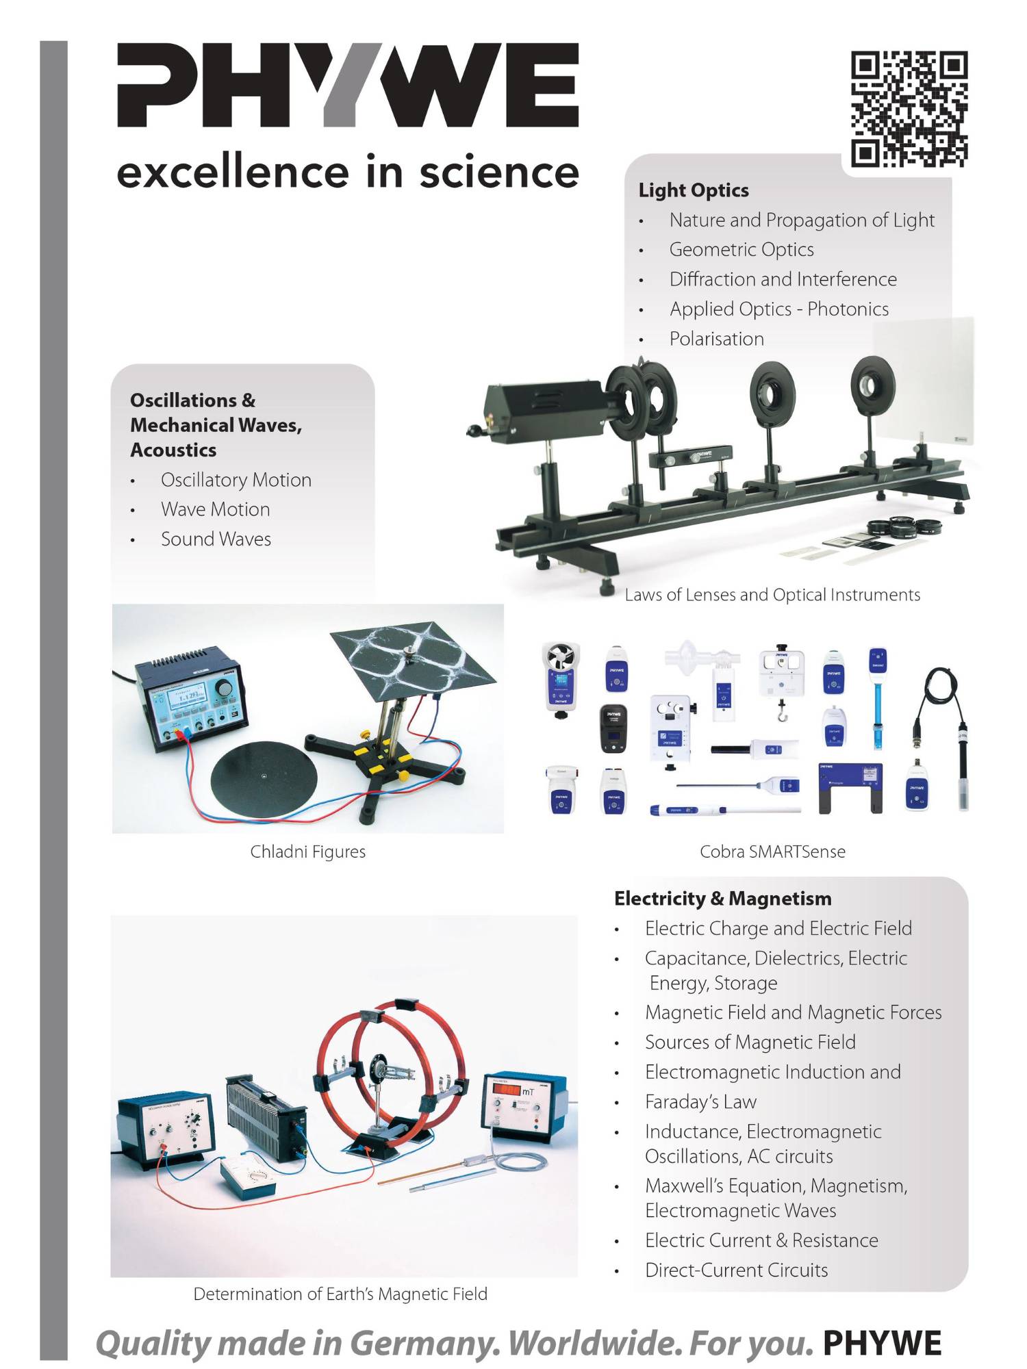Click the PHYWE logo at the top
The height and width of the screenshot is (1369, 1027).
[x=348, y=86]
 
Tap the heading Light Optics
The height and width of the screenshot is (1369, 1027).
[x=694, y=190]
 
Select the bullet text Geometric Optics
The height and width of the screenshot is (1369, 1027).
[x=741, y=250]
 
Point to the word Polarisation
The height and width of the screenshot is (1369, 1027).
[x=716, y=339]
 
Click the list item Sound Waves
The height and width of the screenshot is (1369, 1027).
[x=216, y=539]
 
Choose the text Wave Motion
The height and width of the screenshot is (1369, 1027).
[x=215, y=509]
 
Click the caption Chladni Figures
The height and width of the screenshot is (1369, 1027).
[x=307, y=852]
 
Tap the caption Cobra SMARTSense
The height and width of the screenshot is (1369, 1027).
[x=772, y=852]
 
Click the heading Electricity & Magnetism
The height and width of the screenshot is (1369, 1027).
[x=722, y=898]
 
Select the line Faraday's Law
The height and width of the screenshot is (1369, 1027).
[x=700, y=1101]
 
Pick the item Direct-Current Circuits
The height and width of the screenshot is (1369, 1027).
[x=736, y=1270]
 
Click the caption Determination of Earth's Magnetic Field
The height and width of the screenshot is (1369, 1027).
[x=340, y=1294]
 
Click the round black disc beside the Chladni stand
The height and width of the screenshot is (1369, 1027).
[x=264, y=777]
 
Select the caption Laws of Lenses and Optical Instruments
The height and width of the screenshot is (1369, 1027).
[x=772, y=595]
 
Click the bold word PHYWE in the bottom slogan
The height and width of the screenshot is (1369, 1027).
[x=882, y=1343]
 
